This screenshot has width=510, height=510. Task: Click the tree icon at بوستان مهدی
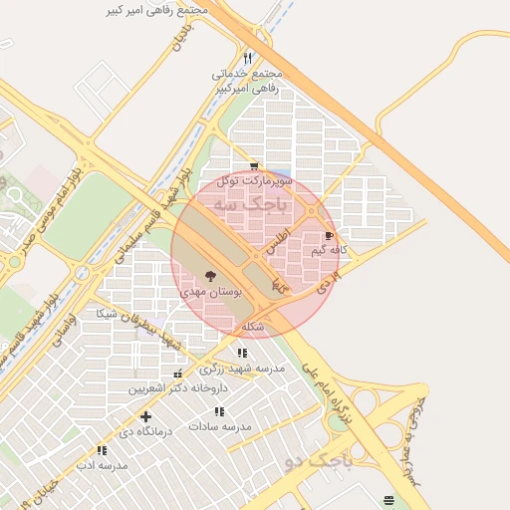(x=210, y=276)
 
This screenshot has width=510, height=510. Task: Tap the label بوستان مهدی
(x=210, y=293)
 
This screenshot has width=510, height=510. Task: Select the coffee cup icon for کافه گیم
(x=330, y=236)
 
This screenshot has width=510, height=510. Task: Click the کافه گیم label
(x=330, y=250)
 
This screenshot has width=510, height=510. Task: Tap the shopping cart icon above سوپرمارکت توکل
(x=254, y=166)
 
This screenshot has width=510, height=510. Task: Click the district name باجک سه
(x=257, y=205)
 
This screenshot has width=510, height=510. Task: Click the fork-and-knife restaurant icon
(x=247, y=58)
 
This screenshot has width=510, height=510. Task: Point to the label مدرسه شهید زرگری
(x=244, y=368)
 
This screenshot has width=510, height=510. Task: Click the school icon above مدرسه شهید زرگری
(x=242, y=353)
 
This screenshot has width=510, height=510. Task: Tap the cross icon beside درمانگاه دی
(x=146, y=416)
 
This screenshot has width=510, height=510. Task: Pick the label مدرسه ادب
(x=103, y=465)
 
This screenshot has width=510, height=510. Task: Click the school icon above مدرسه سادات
(x=219, y=411)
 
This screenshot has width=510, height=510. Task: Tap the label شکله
(x=253, y=327)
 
